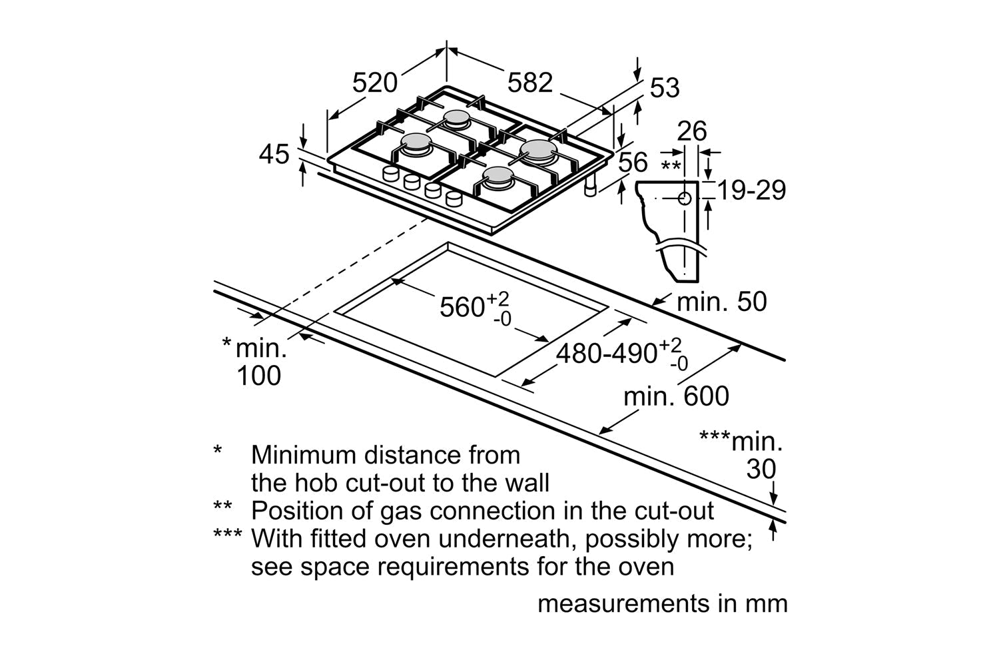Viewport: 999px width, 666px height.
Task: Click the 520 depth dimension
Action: [374, 83]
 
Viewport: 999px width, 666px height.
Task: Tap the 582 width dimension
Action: [530, 83]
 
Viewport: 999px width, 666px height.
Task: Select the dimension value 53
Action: [664, 87]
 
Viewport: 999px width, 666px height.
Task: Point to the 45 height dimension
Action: [274, 155]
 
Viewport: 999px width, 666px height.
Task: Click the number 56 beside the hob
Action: [632, 162]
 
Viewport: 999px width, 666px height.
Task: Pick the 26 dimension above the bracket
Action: [691, 131]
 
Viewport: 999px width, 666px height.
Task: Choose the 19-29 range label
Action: [752, 190]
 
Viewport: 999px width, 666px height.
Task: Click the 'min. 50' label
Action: [721, 302]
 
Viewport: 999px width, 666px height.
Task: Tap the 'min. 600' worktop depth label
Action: [676, 397]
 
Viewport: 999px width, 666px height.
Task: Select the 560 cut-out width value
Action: [462, 307]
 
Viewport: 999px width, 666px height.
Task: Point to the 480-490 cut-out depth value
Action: [606, 354]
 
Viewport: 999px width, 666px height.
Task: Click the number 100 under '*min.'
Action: [259, 376]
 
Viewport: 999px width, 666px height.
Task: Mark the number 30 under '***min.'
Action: [761, 470]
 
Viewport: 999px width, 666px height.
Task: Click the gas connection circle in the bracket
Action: [685, 198]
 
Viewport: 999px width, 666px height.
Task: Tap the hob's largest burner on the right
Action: [538, 151]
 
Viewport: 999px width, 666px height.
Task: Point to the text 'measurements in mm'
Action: [662, 603]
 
